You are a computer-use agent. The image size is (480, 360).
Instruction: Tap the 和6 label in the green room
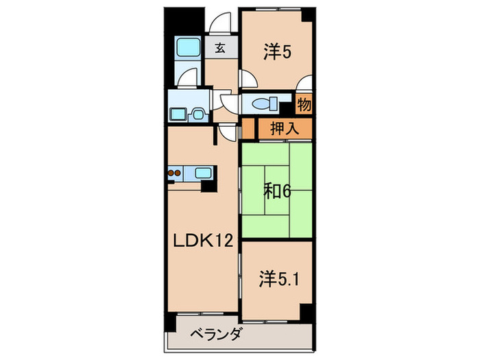(x=276, y=191)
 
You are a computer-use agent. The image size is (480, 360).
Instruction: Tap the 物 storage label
(x=304, y=106)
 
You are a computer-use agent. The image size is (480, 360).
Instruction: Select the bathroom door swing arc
(x=186, y=80)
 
